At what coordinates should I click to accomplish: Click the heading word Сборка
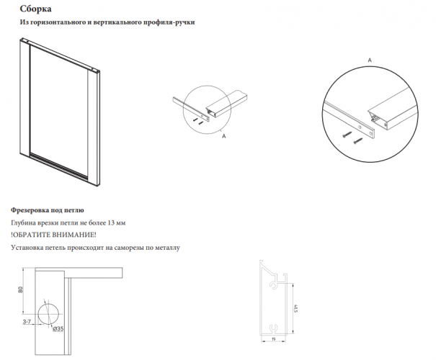[35, 9]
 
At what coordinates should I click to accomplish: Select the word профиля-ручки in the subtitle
[169, 22]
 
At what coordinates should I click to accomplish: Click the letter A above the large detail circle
[370, 60]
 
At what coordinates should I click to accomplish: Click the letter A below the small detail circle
[224, 136]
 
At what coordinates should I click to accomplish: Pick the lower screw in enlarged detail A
[357, 140]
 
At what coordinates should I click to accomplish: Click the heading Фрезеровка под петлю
[48, 210]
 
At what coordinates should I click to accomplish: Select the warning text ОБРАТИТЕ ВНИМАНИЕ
[53, 235]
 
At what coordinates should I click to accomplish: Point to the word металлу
[168, 247]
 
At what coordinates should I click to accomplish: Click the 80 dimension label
[20, 289]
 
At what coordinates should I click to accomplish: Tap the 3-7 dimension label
[27, 322]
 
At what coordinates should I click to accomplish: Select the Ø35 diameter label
[58, 329]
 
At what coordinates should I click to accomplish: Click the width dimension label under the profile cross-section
[273, 339]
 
